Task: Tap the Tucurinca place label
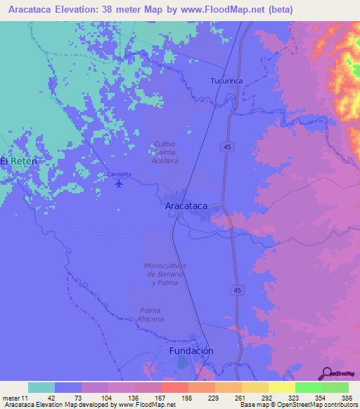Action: [226, 82]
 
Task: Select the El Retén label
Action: [18, 161]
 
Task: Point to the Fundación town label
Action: [191, 351]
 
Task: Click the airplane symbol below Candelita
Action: [119, 184]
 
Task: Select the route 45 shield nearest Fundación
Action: [238, 290]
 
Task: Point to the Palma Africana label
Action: [152, 315]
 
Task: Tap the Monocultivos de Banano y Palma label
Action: [165, 274]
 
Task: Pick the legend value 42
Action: [51, 398]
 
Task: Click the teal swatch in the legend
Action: [41, 387]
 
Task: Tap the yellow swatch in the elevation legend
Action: [281, 387]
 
